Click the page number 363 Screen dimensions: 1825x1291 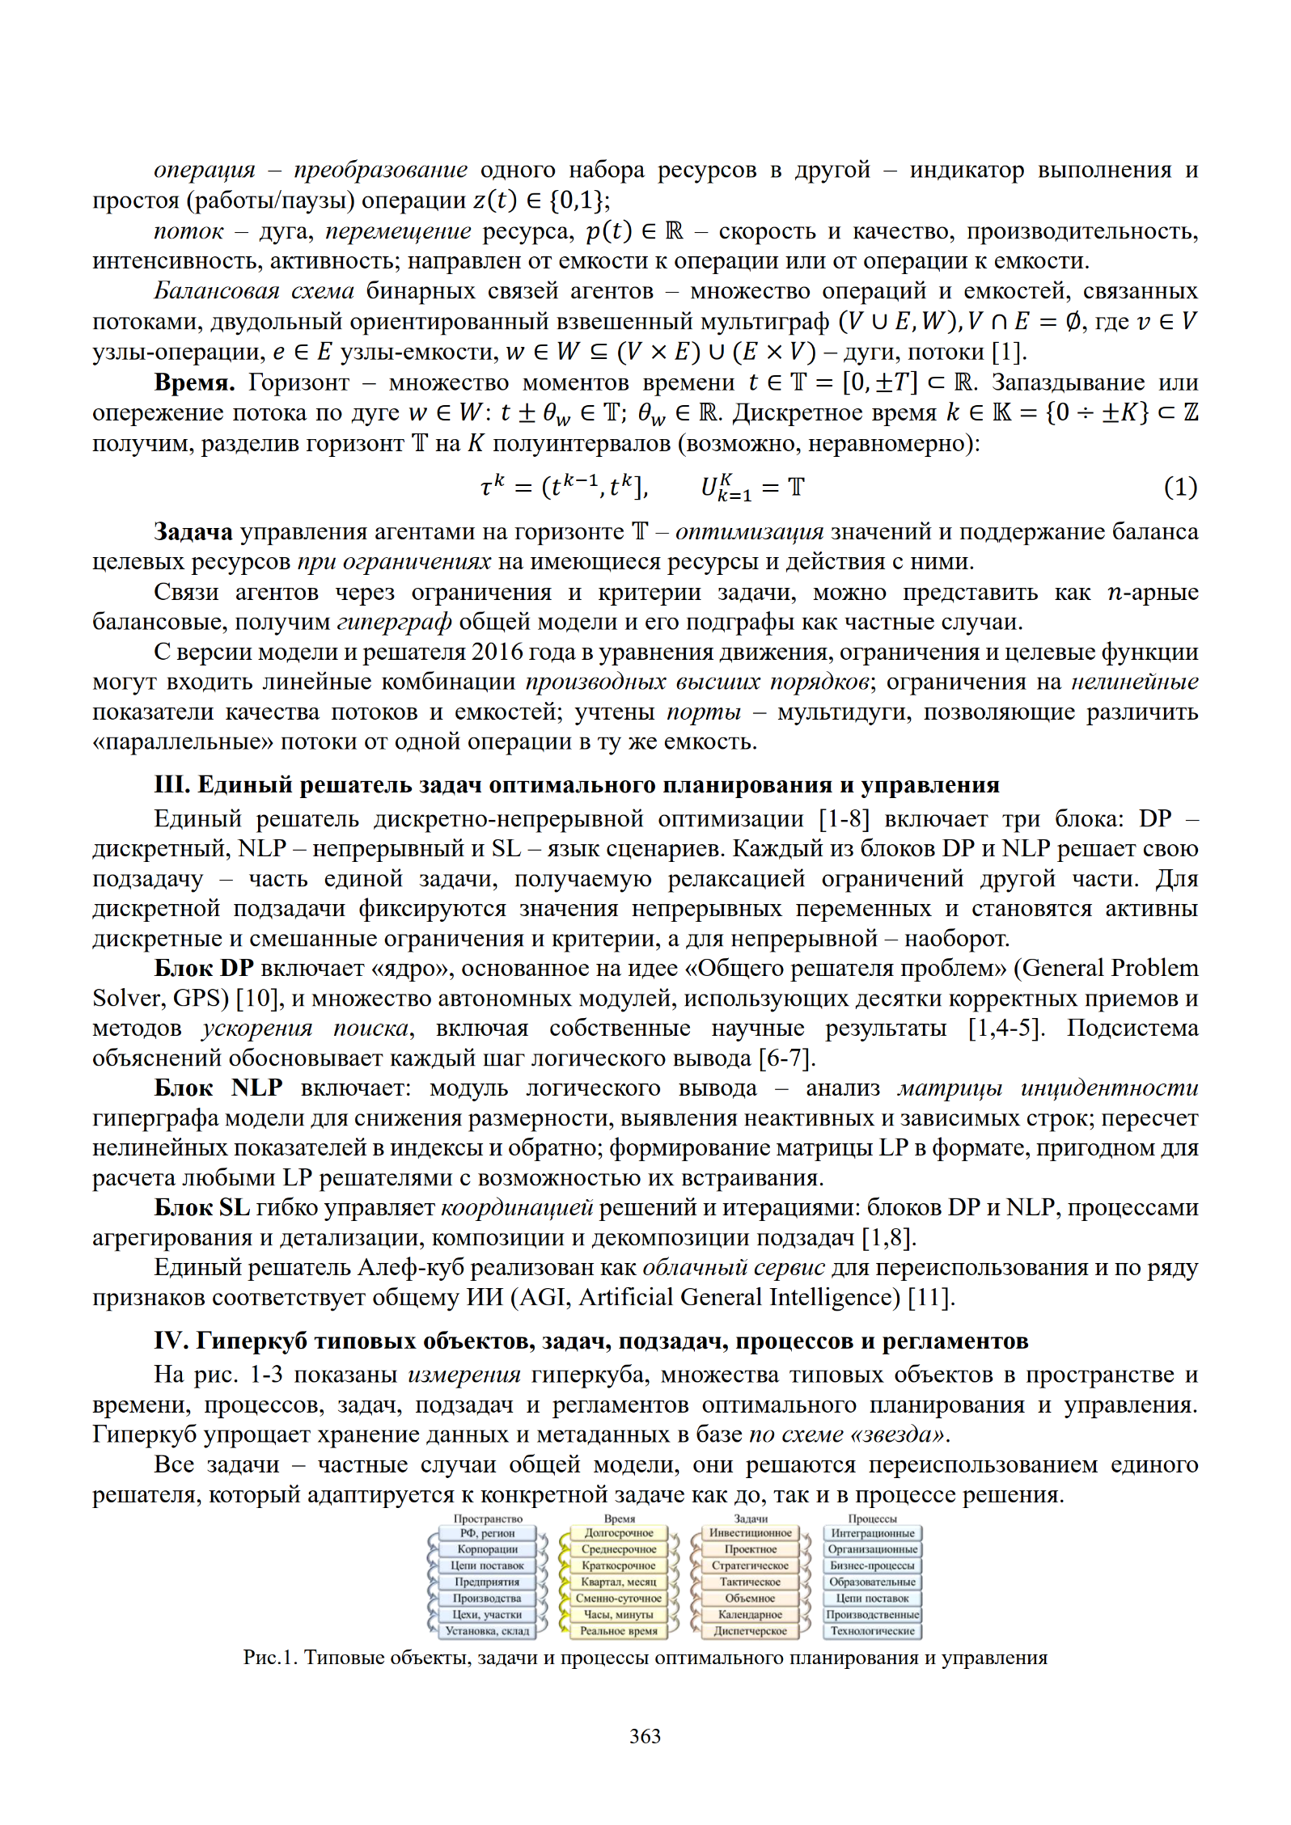(645, 1736)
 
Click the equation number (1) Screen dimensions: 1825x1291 (1180, 487)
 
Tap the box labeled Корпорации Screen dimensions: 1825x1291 (487, 1549)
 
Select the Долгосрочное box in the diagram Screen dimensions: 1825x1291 (619, 1533)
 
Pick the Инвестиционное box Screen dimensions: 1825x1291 (750, 1533)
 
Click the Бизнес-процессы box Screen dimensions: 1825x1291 (872, 1565)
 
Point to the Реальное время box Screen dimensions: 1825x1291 (619, 1631)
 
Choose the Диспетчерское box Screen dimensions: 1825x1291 (750, 1631)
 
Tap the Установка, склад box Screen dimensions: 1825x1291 (487, 1631)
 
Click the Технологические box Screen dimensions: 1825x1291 (872, 1631)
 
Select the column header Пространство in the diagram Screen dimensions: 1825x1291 (488, 1519)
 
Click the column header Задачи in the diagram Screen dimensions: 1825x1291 (751, 1519)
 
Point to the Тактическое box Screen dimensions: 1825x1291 (750, 1582)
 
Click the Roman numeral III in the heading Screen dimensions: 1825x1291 (171, 784)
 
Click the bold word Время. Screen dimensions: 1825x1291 (194, 382)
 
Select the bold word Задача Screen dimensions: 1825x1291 (193, 532)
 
